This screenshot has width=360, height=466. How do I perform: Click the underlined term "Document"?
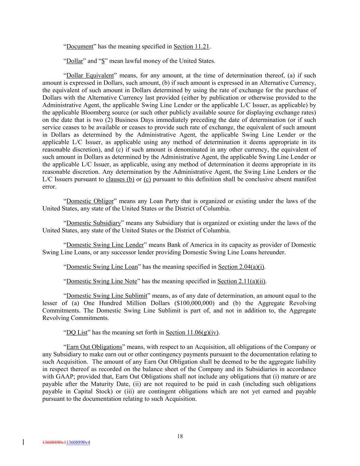[80, 46]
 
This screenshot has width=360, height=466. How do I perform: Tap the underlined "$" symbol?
[103, 61]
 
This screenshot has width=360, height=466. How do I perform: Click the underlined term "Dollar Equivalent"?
[90, 75]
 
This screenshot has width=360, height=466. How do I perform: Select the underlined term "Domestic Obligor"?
[90, 201]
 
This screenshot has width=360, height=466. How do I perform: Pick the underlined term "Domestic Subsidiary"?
[93, 223]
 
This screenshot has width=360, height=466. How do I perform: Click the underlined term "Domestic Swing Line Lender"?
[105, 245]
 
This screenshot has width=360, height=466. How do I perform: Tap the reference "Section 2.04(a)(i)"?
[241, 267]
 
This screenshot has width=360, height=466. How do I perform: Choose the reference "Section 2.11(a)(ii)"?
[241, 281]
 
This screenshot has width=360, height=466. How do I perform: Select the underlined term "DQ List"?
[77, 333]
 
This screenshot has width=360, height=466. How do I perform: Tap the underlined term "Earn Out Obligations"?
[94, 347]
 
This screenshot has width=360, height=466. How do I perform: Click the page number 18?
[180, 436]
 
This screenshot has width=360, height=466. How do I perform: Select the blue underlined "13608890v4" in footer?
[78, 442]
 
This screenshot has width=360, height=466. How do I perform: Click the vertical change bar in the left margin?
[23, 442]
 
